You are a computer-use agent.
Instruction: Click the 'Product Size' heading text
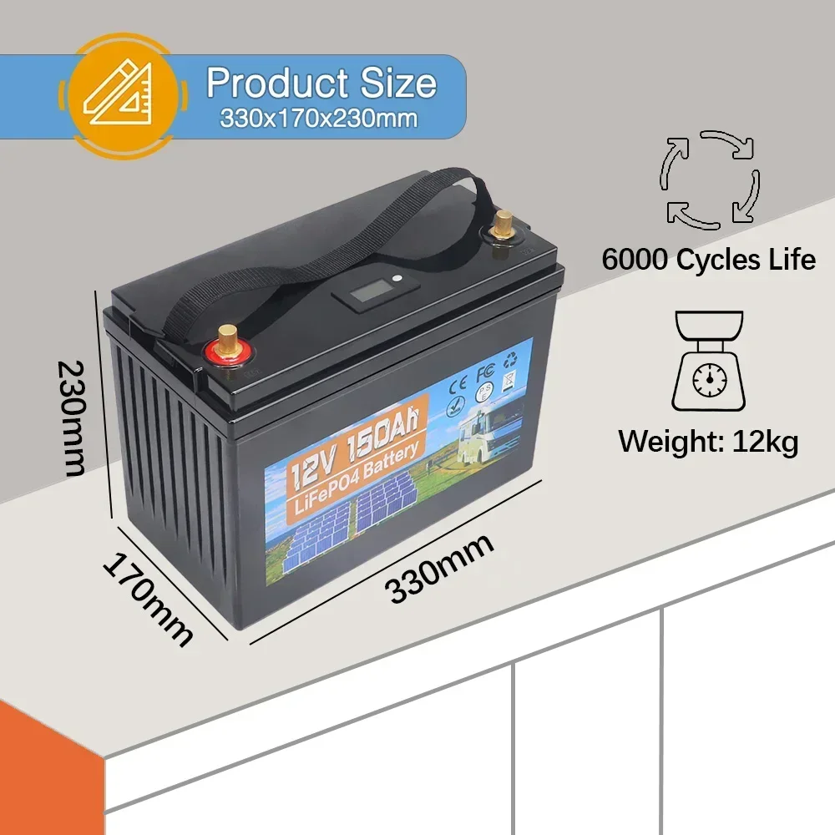coord(321,83)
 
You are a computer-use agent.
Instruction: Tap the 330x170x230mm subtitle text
coord(320,119)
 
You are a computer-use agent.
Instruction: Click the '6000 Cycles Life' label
coord(708,260)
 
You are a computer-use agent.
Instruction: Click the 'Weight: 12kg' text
coord(708,441)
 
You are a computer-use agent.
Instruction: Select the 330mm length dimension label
coord(440,568)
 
